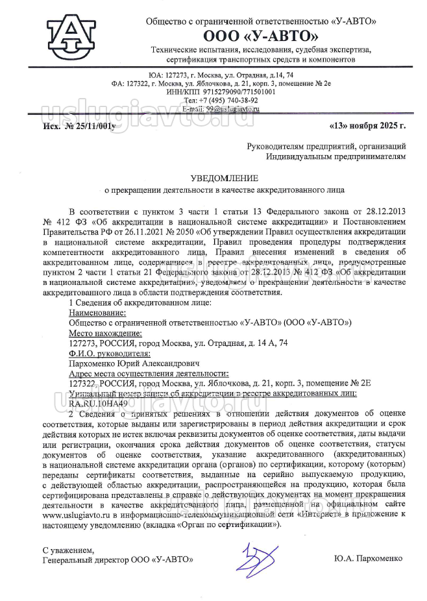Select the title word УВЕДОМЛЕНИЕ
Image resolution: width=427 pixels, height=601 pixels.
pyautogui.click(x=224, y=178)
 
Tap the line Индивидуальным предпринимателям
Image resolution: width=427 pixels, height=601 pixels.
pyautogui.click(x=336, y=156)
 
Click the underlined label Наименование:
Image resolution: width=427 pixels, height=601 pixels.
pyautogui.click(x=97, y=312)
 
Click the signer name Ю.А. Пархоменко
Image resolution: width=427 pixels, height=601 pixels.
pyautogui.click(x=368, y=559)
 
